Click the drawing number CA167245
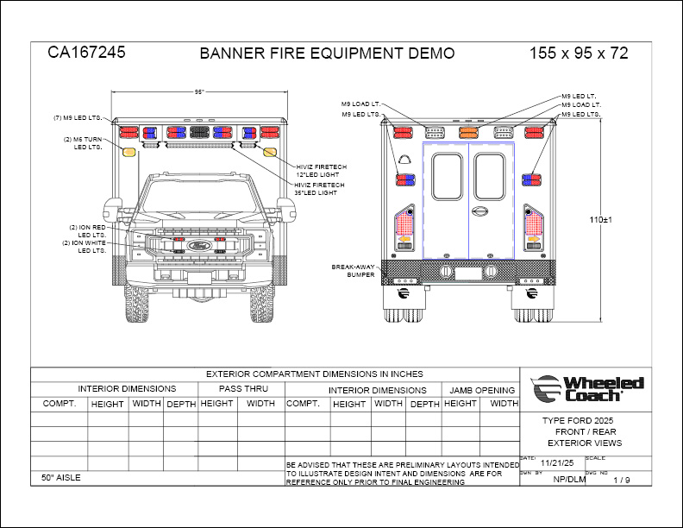click(x=86, y=52)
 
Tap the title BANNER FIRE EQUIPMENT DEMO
click(x=327, y=53)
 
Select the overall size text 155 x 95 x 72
click(x=579, y=53)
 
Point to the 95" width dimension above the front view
click(x=199, y=91)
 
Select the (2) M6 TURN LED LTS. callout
click(x=83, y=143)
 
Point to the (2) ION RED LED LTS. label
click(x=87, y=230)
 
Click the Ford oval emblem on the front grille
click(x=199, y=245)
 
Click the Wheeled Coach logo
click(x=588, y=388)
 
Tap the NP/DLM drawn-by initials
click(x=569, y=480)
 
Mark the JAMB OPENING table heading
click(x=482, y=389)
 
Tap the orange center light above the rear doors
click(x=468, y=133)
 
